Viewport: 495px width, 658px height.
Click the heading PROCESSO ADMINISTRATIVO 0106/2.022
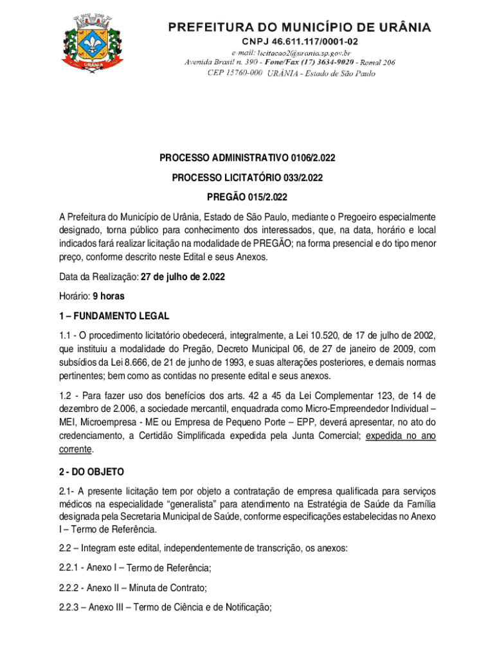pos(248,157)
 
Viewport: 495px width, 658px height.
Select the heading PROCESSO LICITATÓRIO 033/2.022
pos(248,177)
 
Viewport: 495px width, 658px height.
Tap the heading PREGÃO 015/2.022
pos(248,197)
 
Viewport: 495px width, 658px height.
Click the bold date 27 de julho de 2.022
pos(183,277)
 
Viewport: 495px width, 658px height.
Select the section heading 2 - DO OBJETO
pos(90,472)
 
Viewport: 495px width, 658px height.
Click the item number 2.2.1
pos(70,568)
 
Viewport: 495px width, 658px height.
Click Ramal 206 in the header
pos(376,62)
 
